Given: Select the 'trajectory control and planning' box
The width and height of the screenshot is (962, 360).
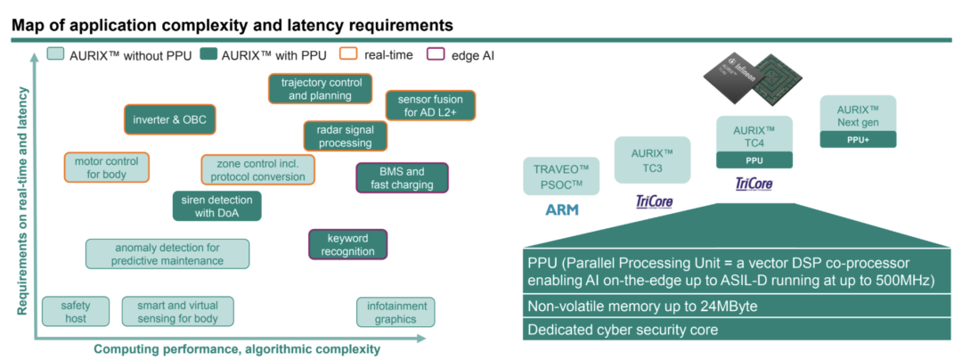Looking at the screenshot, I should [315, 89].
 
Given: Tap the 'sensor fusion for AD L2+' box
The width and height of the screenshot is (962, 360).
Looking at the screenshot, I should [430, 106].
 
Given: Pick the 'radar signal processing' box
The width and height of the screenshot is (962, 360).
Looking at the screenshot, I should [345, 136].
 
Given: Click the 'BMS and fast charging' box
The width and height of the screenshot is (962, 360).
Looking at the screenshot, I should [402, 178].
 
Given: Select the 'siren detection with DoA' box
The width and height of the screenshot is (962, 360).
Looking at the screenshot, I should [217, 206].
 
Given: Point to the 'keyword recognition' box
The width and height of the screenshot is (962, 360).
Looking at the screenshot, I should [347, 245].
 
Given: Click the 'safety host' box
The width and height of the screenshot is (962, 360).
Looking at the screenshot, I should [76, 312].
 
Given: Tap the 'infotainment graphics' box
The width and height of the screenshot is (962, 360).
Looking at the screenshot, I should [395, 312].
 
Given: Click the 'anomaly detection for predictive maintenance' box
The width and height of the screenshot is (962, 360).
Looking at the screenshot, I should [167, 254].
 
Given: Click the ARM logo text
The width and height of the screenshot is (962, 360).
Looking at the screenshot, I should [561, 210].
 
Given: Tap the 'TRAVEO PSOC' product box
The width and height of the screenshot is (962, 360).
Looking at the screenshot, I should [561, 176].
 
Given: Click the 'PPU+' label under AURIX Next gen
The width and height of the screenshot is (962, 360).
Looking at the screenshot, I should [858, 139].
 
